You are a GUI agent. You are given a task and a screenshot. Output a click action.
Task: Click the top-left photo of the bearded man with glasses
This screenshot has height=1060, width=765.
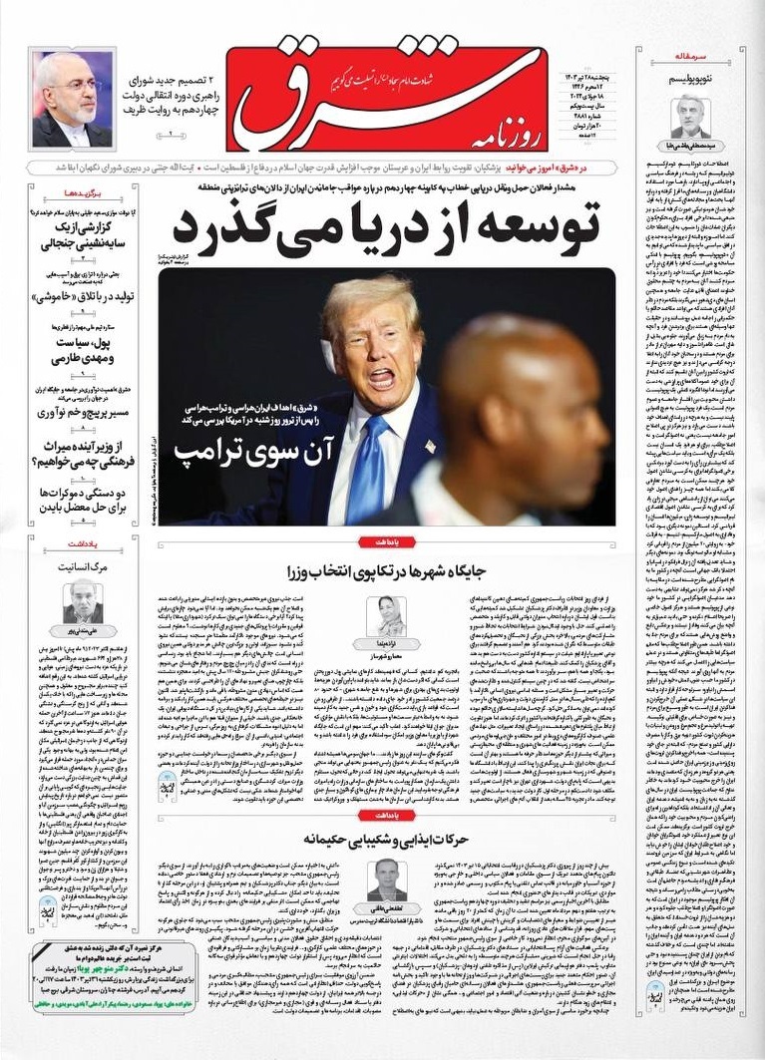(x=71, y=99)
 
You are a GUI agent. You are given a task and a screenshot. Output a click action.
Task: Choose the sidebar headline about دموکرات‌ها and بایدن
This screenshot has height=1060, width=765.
(x=75, y=500)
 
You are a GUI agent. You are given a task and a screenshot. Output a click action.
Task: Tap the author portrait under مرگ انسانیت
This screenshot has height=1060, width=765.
(x=82, y=599)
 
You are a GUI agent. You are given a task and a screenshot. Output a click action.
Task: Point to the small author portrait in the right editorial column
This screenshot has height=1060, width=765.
(x=690, y=116)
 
